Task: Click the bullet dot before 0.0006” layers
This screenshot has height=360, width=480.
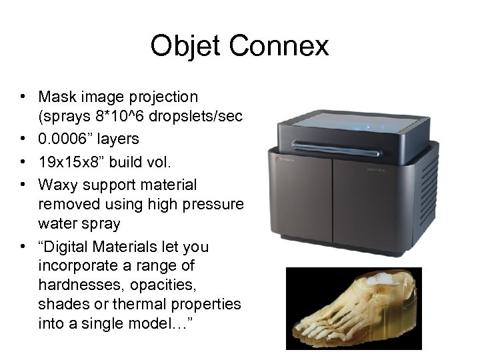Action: pyautogui.click(x=23, y=139)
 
